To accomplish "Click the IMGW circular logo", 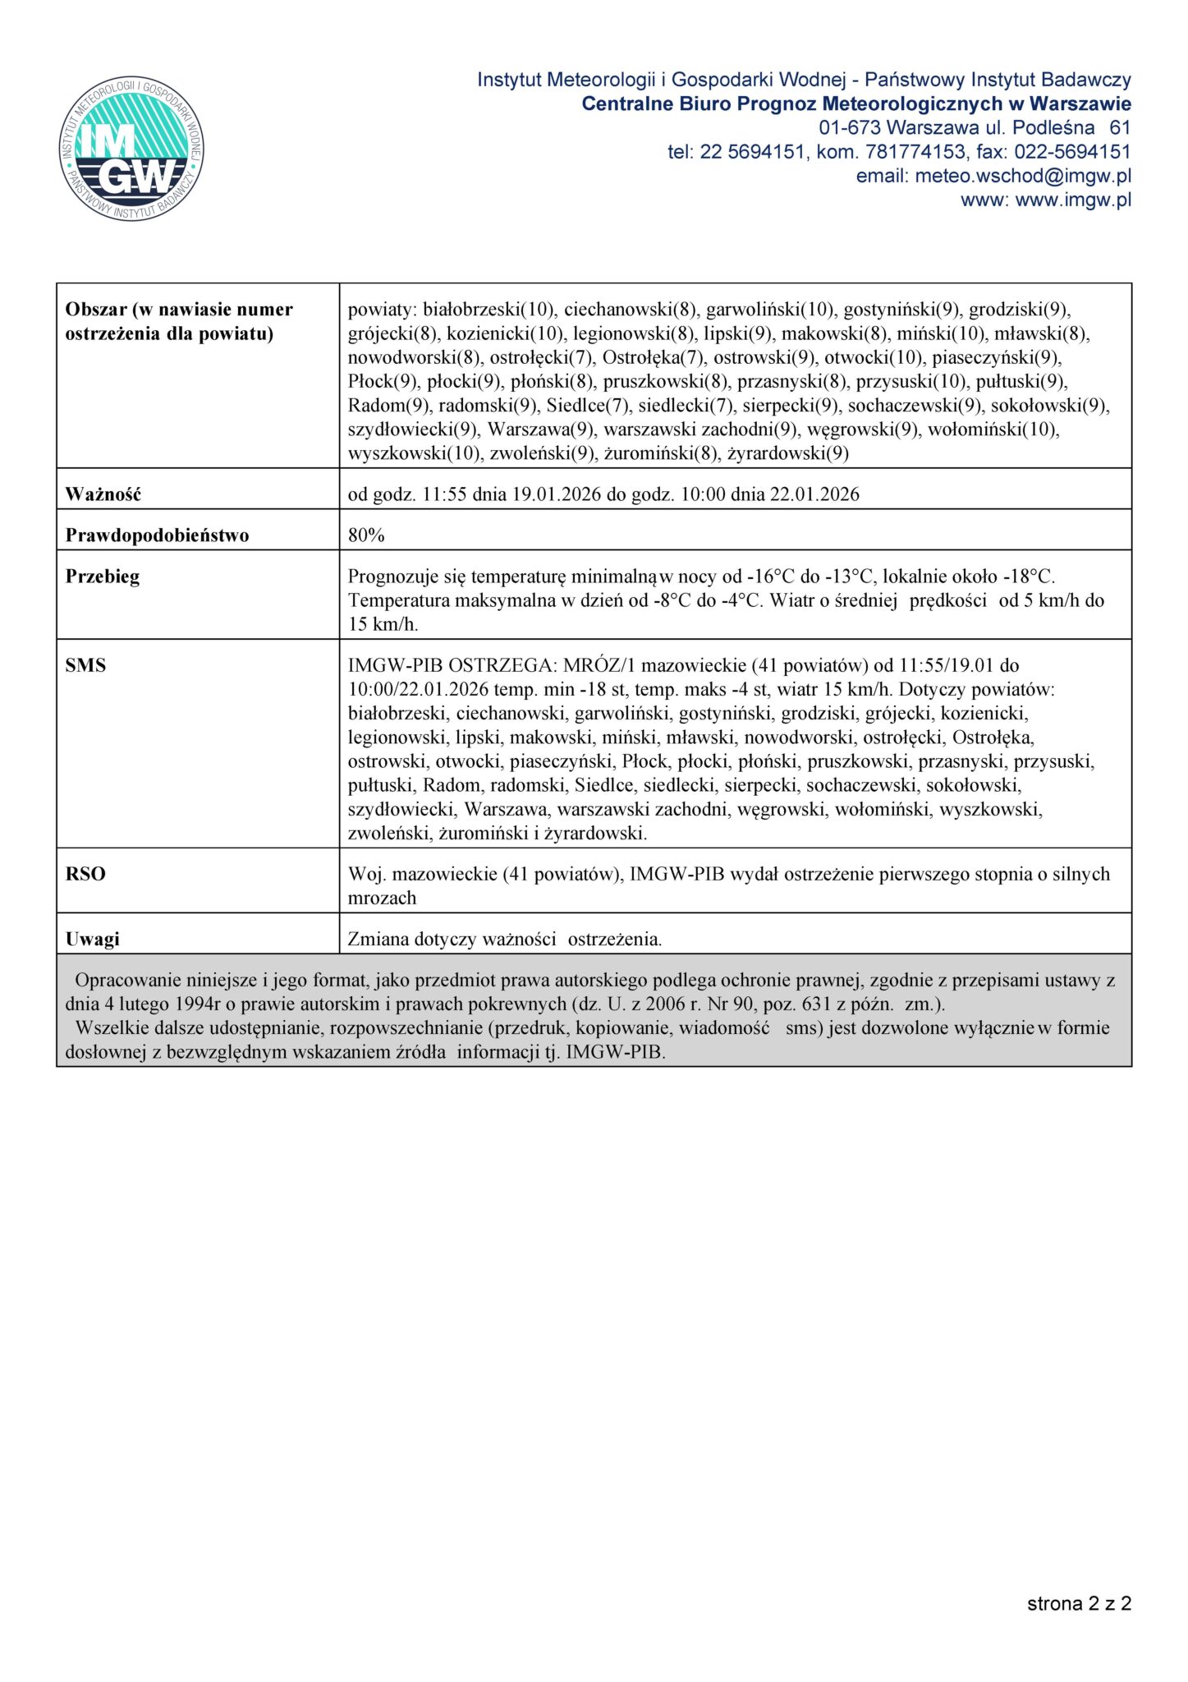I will tap(131, 149).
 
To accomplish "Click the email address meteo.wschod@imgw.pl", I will tap(1023, 176).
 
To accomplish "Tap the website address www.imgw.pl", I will tap(1073, 200).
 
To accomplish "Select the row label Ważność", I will tap(103, 494).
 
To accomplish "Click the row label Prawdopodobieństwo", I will tap(157, 535).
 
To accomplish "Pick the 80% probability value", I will tap(366, 535).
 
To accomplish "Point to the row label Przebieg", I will tap(103, 577).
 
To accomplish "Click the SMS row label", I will tap(85, 665).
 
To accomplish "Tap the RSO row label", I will tap(85, 874).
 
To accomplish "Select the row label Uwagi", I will tap(92, 939).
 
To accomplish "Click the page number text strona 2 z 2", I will tap(1079, 1603).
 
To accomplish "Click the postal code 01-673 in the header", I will tap(850, 128).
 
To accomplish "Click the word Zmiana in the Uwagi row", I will tap(376, 939).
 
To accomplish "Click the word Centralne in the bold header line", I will tap(627, 104).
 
